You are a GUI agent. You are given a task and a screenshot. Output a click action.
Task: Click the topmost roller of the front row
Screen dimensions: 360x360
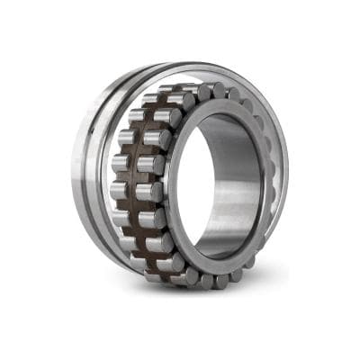tap(205, 91)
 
